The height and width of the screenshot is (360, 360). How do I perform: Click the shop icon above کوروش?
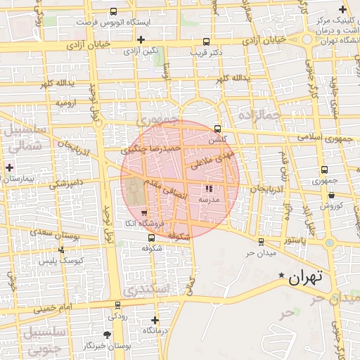332,195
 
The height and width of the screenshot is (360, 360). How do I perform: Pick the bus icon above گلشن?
217,129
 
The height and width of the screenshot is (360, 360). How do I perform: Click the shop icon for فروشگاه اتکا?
144,212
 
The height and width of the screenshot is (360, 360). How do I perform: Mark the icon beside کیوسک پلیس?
62,250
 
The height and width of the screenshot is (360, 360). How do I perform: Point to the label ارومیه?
66,102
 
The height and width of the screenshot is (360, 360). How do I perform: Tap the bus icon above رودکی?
117,305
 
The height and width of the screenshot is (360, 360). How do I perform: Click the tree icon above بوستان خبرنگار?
107,335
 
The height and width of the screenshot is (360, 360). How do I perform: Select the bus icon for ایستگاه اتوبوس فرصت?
114,12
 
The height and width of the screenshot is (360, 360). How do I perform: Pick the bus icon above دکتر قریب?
206,41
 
